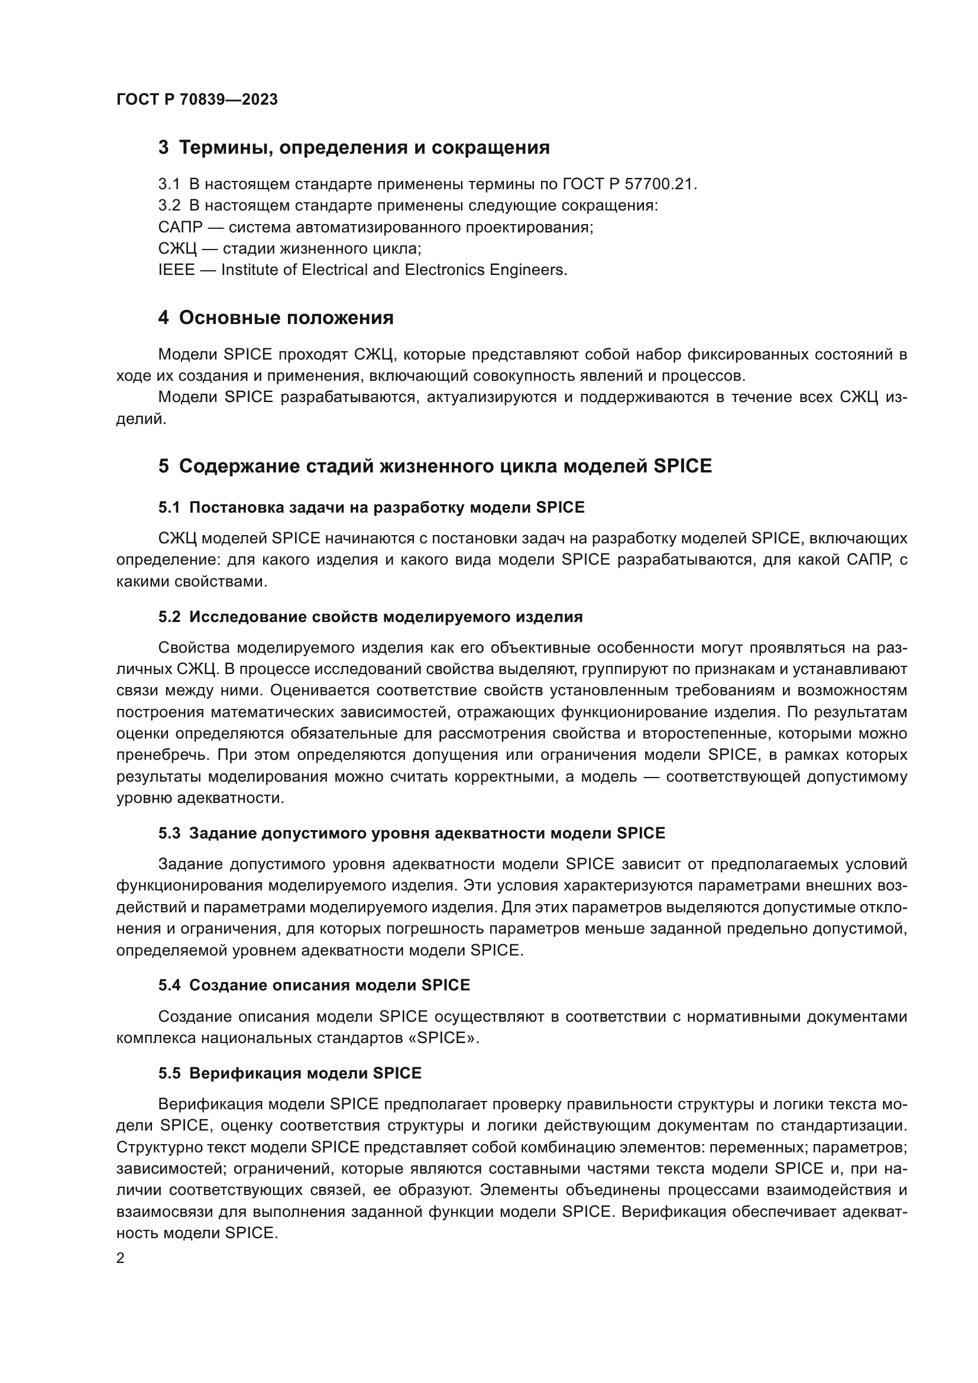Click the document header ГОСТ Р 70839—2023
pos(197,100)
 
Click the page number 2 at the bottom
pos(121,1258)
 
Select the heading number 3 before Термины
pos(163,148)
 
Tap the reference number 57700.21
pos(661,184)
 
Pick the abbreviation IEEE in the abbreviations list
pos(176,270)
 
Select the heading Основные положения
pos(286,318)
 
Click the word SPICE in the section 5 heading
pos(682,465)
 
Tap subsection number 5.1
pos(169,507)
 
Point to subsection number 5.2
pos(169,617)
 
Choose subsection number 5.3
pos(169,833)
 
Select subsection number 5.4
pos(169,986)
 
